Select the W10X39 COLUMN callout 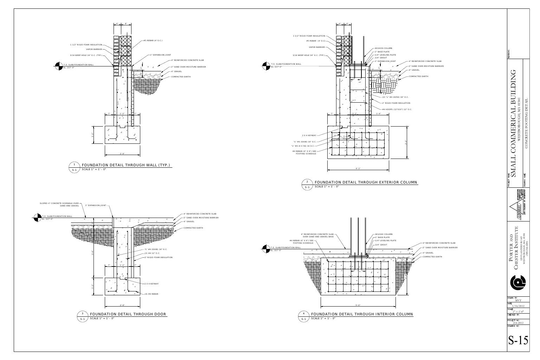[384, 48]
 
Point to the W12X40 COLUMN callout [384, 234]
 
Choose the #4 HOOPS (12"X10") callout [397, 109]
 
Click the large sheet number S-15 [518, 341]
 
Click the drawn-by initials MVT [518, 301]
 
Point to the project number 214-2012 [518, 322]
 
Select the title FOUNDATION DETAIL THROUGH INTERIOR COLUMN [362, 314]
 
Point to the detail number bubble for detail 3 [83, 313]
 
